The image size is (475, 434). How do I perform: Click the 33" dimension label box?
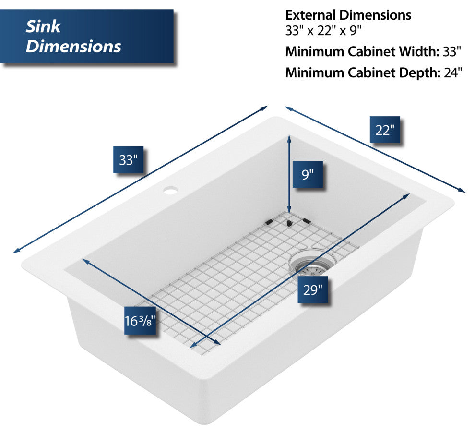(128, 159)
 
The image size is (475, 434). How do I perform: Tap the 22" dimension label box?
(385, 130)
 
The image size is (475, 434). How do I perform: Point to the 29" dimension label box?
(312, 289)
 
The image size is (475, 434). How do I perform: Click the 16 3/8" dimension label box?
(140, 321)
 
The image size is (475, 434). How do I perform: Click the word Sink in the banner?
(43, 26)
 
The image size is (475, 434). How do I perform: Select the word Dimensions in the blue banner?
(73, 46)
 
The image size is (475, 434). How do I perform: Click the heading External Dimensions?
(348, 15)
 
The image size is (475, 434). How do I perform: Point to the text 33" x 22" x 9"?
(323, 31)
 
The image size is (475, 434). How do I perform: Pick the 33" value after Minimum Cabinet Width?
(451, 51)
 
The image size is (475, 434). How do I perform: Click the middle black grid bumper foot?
(288, 222)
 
